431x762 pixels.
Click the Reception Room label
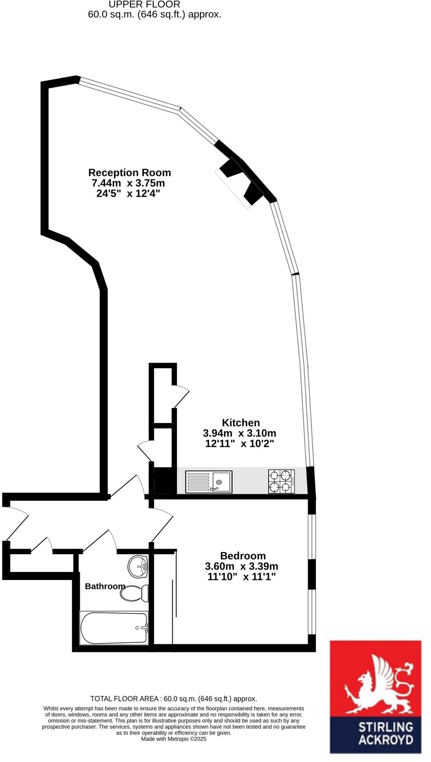coord(129,173)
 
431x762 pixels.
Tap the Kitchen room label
coord(241,423)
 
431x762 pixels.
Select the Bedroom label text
coord(243,556)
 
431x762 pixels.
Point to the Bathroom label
coord(105,586)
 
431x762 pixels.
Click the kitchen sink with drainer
coord(209,482)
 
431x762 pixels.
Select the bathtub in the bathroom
coord(114,628)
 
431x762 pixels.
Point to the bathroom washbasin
coord(138,567)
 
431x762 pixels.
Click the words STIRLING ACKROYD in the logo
coord(385,733)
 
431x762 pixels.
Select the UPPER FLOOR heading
coord(144,4)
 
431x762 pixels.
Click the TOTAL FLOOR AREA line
coord(174,699)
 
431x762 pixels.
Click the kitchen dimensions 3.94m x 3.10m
coord(239,433)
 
